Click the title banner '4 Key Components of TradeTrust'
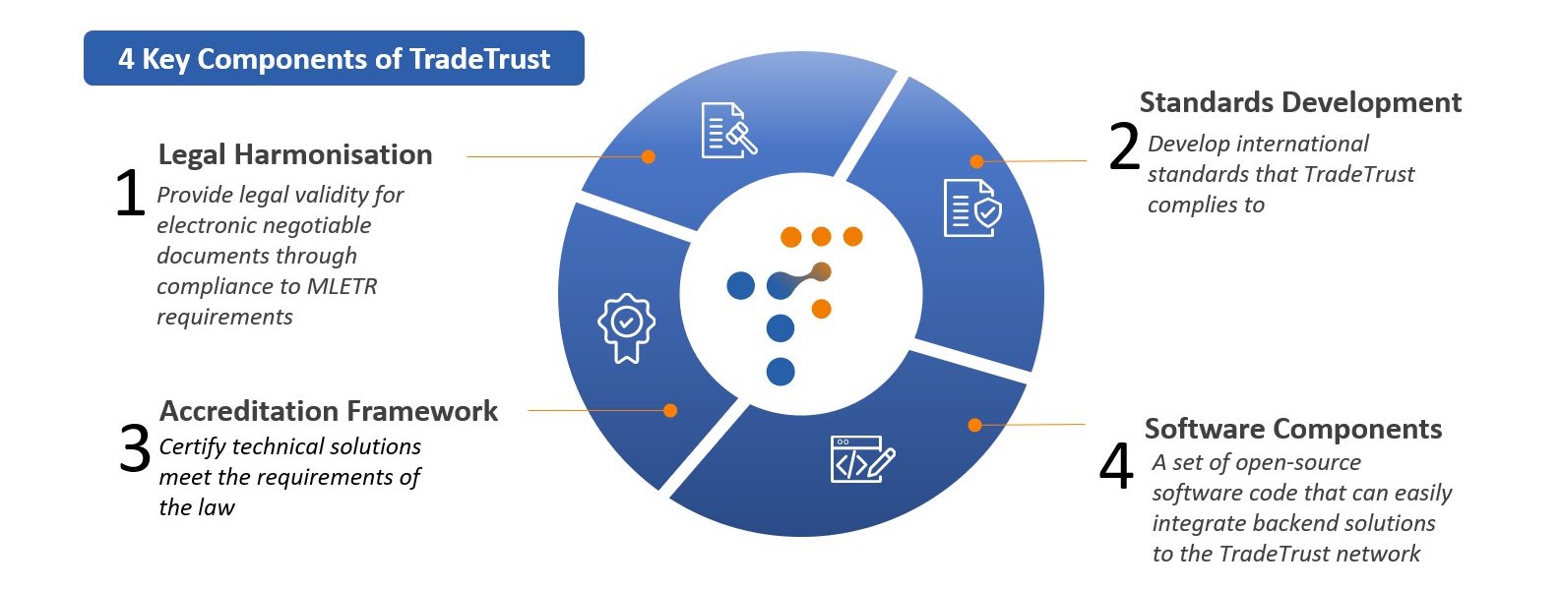point(334,58)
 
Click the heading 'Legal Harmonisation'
point(294,154)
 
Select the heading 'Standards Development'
point(1299,102)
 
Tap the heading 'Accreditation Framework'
point(328,410)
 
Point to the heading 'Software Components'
point(1292,429)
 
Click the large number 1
point(130,193)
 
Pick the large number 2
point(1124,147)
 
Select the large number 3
point(135,448)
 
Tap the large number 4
point(1116,465)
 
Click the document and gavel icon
point(728,130)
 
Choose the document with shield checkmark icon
point(971,207)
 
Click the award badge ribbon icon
point(626,327)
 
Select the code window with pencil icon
point(862,459)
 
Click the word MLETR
point(342,286)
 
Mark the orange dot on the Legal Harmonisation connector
point(648,156)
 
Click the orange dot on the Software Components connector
point(974,425)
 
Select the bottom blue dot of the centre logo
point(780,372)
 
